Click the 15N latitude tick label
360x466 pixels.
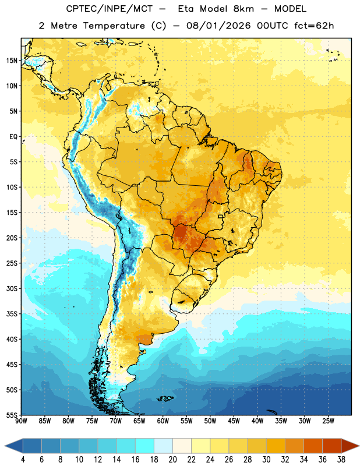(12, 61)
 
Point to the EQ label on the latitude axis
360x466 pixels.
(13, 137)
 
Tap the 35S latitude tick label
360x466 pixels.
(12, 314)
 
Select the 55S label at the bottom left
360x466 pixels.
(12, 415)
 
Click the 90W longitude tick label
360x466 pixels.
(21, 421)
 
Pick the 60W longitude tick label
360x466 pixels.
(163, 421)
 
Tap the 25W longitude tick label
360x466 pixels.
(328, 421)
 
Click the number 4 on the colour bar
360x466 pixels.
(23, 460)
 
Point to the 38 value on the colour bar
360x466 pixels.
(341, 460)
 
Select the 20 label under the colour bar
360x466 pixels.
(172, 460)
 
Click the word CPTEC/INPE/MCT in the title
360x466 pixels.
(109, 9)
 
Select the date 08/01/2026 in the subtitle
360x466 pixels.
(218, 26)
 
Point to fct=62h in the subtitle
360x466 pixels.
(314, 26)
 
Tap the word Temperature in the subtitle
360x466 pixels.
(114, 26)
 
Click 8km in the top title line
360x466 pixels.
(243, 9)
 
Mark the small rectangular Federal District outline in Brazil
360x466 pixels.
(221, 216)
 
